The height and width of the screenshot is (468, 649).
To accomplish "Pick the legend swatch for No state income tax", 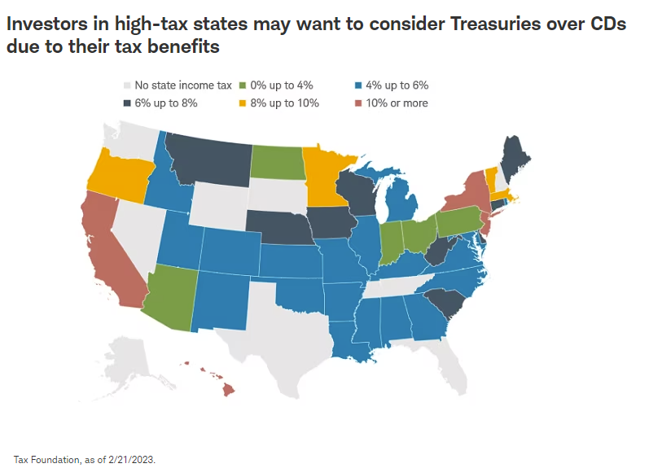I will (x=126, y=85).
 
